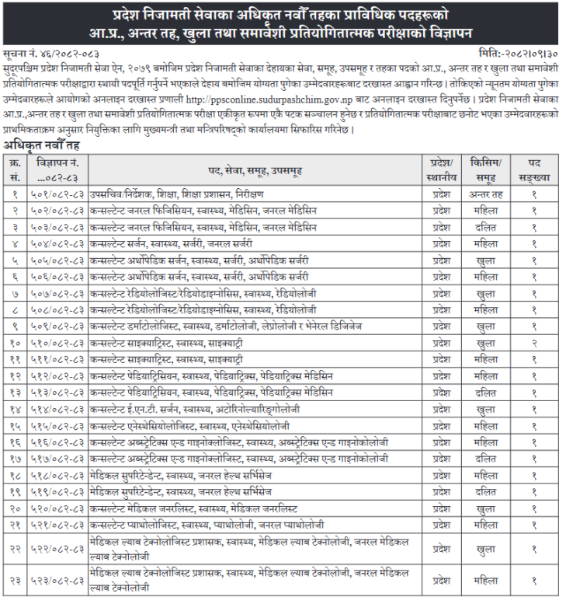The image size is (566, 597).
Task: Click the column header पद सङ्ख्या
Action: [534, 169]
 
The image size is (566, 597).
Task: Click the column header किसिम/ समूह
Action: [485, 169]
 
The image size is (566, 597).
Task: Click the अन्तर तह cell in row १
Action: [485, 194]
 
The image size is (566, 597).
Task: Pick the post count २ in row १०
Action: [534, 342]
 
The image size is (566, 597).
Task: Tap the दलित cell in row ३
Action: [485, 227]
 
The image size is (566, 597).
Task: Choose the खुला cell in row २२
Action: [485, 549]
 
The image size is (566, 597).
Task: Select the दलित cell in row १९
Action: [485, 491]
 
